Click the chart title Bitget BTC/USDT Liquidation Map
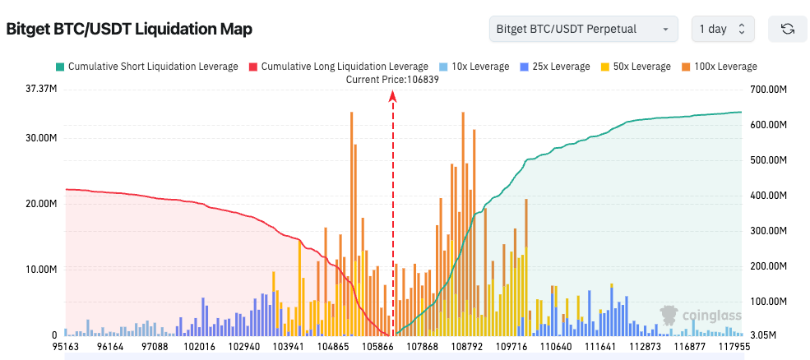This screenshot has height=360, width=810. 129,30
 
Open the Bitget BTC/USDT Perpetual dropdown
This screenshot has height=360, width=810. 582,29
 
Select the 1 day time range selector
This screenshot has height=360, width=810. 722,29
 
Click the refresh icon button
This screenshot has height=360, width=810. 787,29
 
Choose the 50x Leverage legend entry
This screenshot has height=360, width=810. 637,66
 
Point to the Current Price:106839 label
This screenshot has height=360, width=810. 393,79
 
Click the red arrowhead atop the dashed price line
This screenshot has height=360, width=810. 393,96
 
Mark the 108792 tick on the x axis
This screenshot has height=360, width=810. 467,348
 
